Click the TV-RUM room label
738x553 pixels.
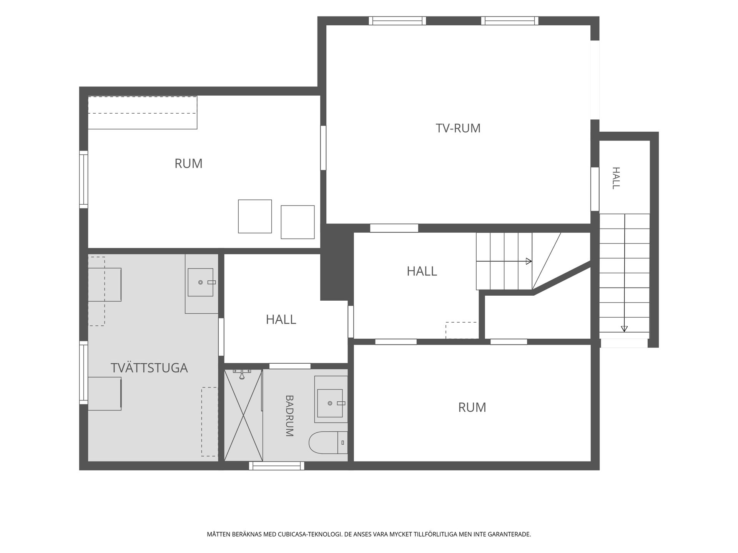click(458, 128)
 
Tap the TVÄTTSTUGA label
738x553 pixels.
click(149, 368)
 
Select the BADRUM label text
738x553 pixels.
click(289, 416)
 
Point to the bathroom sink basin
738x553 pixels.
click(330, 403)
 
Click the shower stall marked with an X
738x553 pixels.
click(243, 415)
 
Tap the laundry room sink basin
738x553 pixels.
click(200, 282)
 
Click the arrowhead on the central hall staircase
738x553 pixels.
click(529, 261)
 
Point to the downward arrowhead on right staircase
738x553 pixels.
click(624, 329)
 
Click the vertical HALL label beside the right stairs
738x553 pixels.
click(616, 178)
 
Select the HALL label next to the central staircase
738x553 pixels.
click(422, 271)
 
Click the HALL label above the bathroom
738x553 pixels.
click(281, 320)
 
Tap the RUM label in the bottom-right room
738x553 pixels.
click(472, 407)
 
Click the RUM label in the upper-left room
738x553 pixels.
click(188, 164)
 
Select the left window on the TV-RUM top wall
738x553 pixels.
click(397, 21)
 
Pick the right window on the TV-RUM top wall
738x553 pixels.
click(510, 21)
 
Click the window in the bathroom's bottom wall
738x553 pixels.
click(277, 466)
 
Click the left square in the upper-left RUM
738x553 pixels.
click(255, 216)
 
